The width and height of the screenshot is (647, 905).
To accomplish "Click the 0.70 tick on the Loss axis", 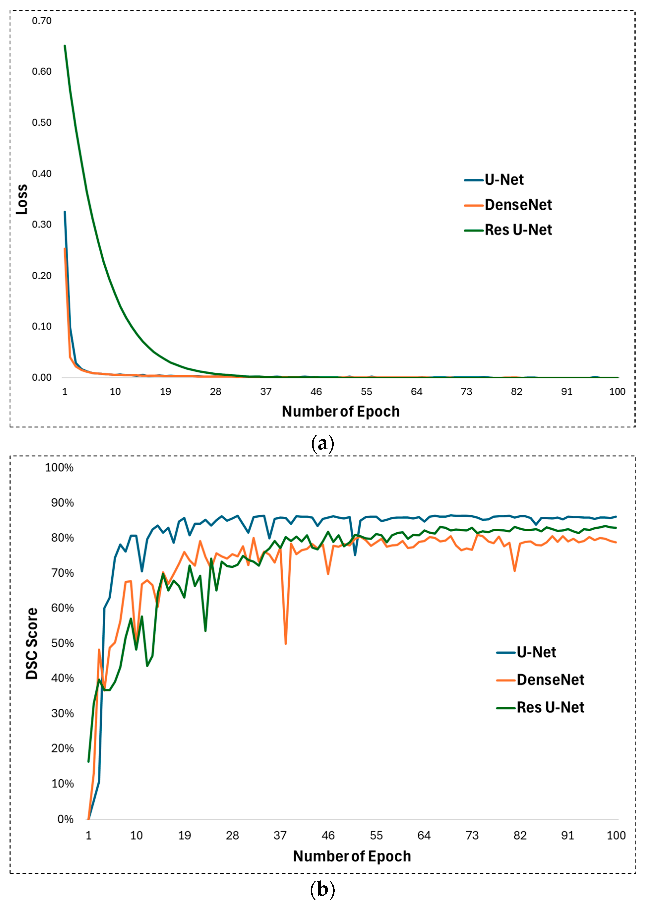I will coord(41,21).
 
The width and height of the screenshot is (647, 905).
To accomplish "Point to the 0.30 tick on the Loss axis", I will coord(41,225).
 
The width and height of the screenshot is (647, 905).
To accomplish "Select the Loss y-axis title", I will coord(22,199).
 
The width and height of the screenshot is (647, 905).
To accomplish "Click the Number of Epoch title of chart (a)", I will coord(341,411).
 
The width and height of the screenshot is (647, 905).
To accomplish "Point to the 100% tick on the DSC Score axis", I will coord(59,468).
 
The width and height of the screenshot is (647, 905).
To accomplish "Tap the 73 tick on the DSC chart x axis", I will coord(472,835).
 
